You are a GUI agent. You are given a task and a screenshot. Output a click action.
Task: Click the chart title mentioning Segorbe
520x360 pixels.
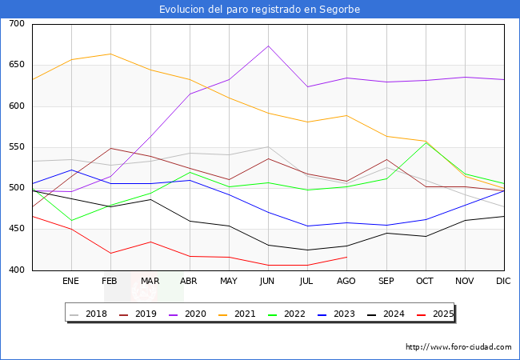[259, 10]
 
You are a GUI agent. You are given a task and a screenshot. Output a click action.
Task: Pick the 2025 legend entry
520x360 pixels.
[441, 314]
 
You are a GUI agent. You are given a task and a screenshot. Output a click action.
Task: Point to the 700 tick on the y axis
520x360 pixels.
[17, 24]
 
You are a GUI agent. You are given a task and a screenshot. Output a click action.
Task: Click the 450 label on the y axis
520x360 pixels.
[17, 229]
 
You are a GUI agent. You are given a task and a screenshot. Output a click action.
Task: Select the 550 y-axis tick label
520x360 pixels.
[17, 147]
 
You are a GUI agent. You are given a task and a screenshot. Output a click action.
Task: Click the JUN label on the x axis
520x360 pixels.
[268, 282]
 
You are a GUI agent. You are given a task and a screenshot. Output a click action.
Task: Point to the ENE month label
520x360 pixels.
[71, 282]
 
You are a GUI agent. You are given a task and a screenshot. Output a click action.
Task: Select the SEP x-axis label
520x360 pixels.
[386, 282]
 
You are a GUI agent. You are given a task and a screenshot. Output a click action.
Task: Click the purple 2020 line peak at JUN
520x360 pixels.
[268, 46]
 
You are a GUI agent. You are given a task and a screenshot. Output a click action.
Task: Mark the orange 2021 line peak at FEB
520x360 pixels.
[110, 54]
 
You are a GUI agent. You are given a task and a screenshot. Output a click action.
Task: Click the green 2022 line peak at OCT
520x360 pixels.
[426, 142]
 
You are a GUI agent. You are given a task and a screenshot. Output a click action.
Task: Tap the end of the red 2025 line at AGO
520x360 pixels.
[346, 257]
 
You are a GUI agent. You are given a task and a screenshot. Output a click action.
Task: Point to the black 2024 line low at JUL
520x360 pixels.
[307, 250]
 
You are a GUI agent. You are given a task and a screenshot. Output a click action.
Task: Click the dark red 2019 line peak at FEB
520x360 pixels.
[110, 148]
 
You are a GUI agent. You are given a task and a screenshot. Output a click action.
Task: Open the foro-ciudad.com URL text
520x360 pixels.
[458, 347]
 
